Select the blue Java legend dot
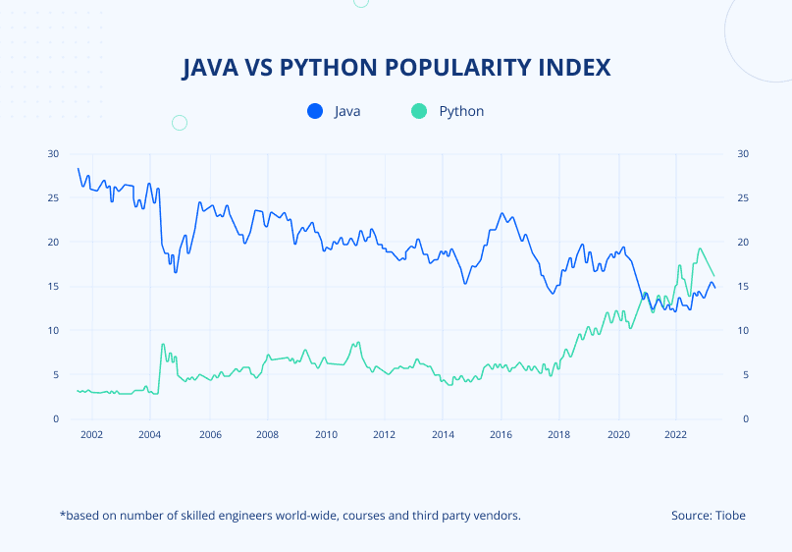tap(315, 111)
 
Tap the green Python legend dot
tap(419, 111)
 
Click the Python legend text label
tap(461, 111)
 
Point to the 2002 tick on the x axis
tap(91, 434)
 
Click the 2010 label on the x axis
tap(326, 434)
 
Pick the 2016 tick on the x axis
tap(501, 434)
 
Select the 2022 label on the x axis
tap(675, 434)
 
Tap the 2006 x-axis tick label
tap(208, 434)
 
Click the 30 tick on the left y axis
tap(53, 154)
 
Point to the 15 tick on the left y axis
tap(53, 287)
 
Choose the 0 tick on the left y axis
tap(56, 419)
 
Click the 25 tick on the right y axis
tap(743, 198)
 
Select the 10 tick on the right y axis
tap(743, 331)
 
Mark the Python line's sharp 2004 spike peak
tap(163, 344)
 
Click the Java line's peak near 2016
tap(502, 213)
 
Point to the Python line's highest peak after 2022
tap(700, 248)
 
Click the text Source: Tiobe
tap(708, 516)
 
